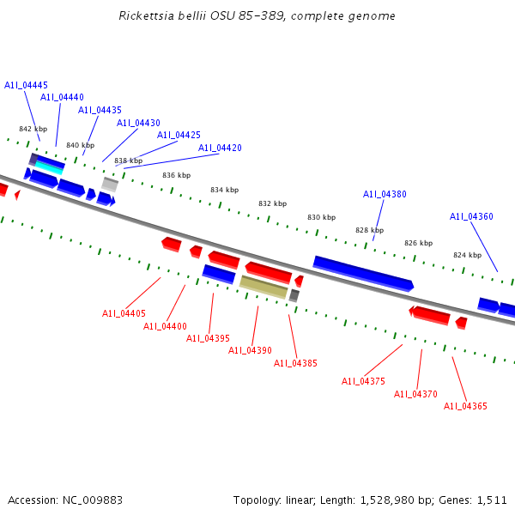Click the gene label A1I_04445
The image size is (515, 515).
[x=26, y=85]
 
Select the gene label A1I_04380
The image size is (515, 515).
[x=385, y=194]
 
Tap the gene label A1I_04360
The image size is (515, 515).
[x=471, y=216]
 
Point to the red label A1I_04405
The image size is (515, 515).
[x=124, y=313]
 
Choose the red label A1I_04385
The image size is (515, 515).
[x=295, y=363]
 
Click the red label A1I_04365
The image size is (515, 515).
[x=465, y=406]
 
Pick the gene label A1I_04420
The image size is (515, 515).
[x=220, y=148]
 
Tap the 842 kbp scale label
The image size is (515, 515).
[x=33, y=129]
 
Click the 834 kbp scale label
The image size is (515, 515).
[x=224, y=190]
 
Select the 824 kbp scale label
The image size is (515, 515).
[x=467, y=255]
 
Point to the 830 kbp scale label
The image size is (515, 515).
[x=321, y=217]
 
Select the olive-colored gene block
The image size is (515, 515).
[x=264, y=287]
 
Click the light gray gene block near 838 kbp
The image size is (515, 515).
[x=110, y=184]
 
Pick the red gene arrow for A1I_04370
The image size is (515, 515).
[x=431, y=316]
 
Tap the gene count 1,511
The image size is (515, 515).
[x=491, y=500]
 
